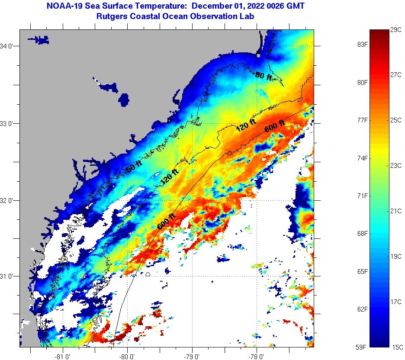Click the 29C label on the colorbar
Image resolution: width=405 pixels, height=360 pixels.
[396, 29]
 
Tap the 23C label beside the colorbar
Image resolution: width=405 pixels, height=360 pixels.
[396, 165]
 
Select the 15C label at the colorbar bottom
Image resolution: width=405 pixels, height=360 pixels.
[396, 347]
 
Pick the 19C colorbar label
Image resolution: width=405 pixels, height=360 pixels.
[396, 256]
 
